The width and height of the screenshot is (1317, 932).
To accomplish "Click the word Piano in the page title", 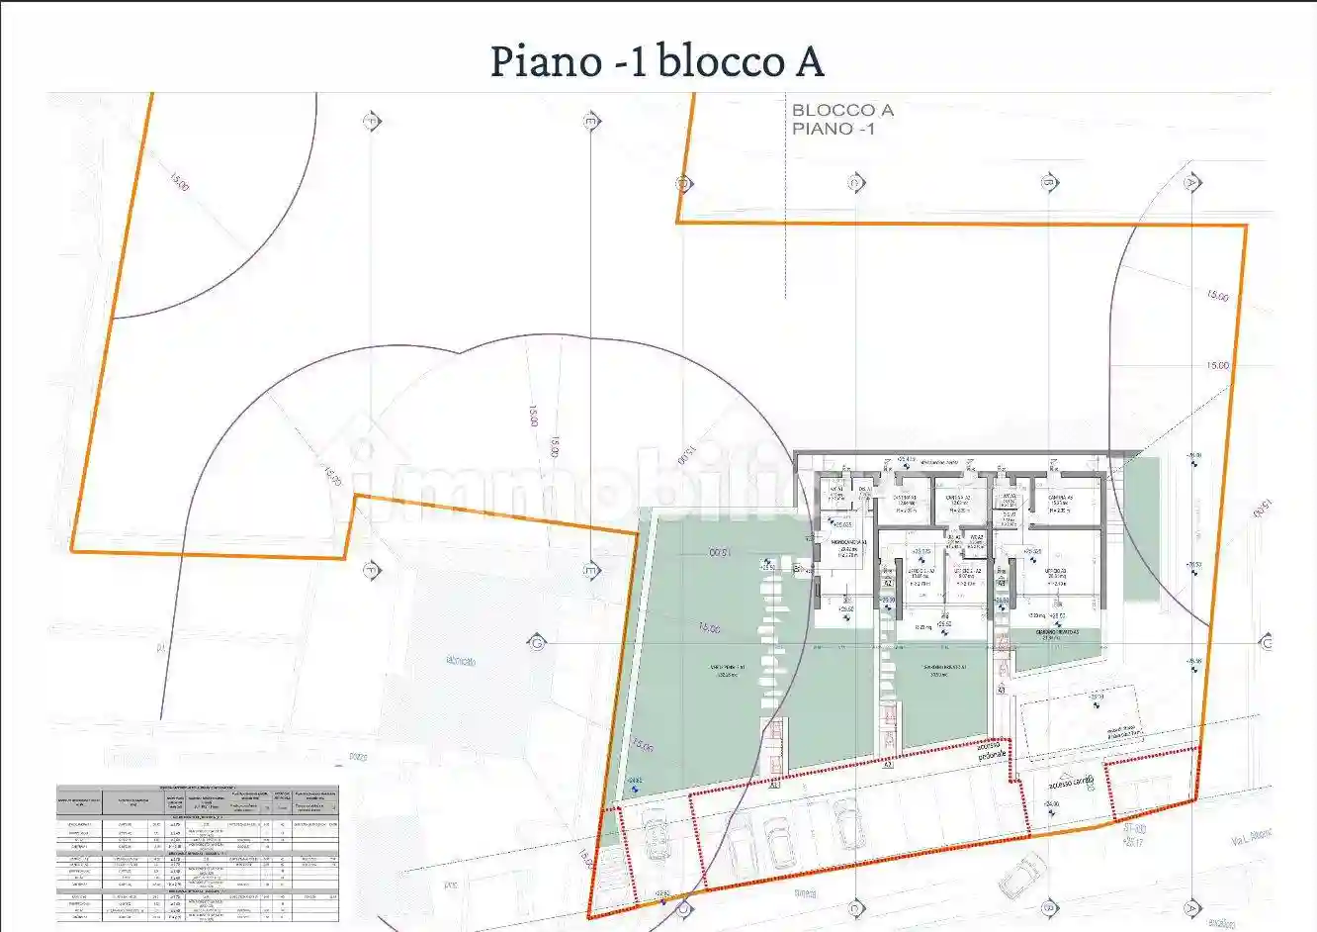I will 546,61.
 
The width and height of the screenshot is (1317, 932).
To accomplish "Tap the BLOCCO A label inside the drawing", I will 842,110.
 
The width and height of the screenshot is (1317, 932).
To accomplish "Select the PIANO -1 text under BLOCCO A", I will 833,129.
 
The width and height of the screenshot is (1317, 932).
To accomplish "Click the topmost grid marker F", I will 373,122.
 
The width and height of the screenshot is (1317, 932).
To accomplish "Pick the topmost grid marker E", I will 591,122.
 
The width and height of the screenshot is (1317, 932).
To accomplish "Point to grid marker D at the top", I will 681,183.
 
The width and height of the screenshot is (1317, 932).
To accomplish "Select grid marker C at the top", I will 855,183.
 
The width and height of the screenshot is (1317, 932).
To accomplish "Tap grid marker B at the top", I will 1048,183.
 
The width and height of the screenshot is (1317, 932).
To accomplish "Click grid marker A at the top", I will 1191,183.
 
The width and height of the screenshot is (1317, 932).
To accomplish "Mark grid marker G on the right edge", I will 1267,643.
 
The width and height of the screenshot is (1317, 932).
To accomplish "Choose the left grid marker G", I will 537,641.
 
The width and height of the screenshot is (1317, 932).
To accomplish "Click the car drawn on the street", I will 1022,876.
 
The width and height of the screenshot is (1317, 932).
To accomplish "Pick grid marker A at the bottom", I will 1191,907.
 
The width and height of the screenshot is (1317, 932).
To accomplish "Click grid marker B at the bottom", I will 1048,907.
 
